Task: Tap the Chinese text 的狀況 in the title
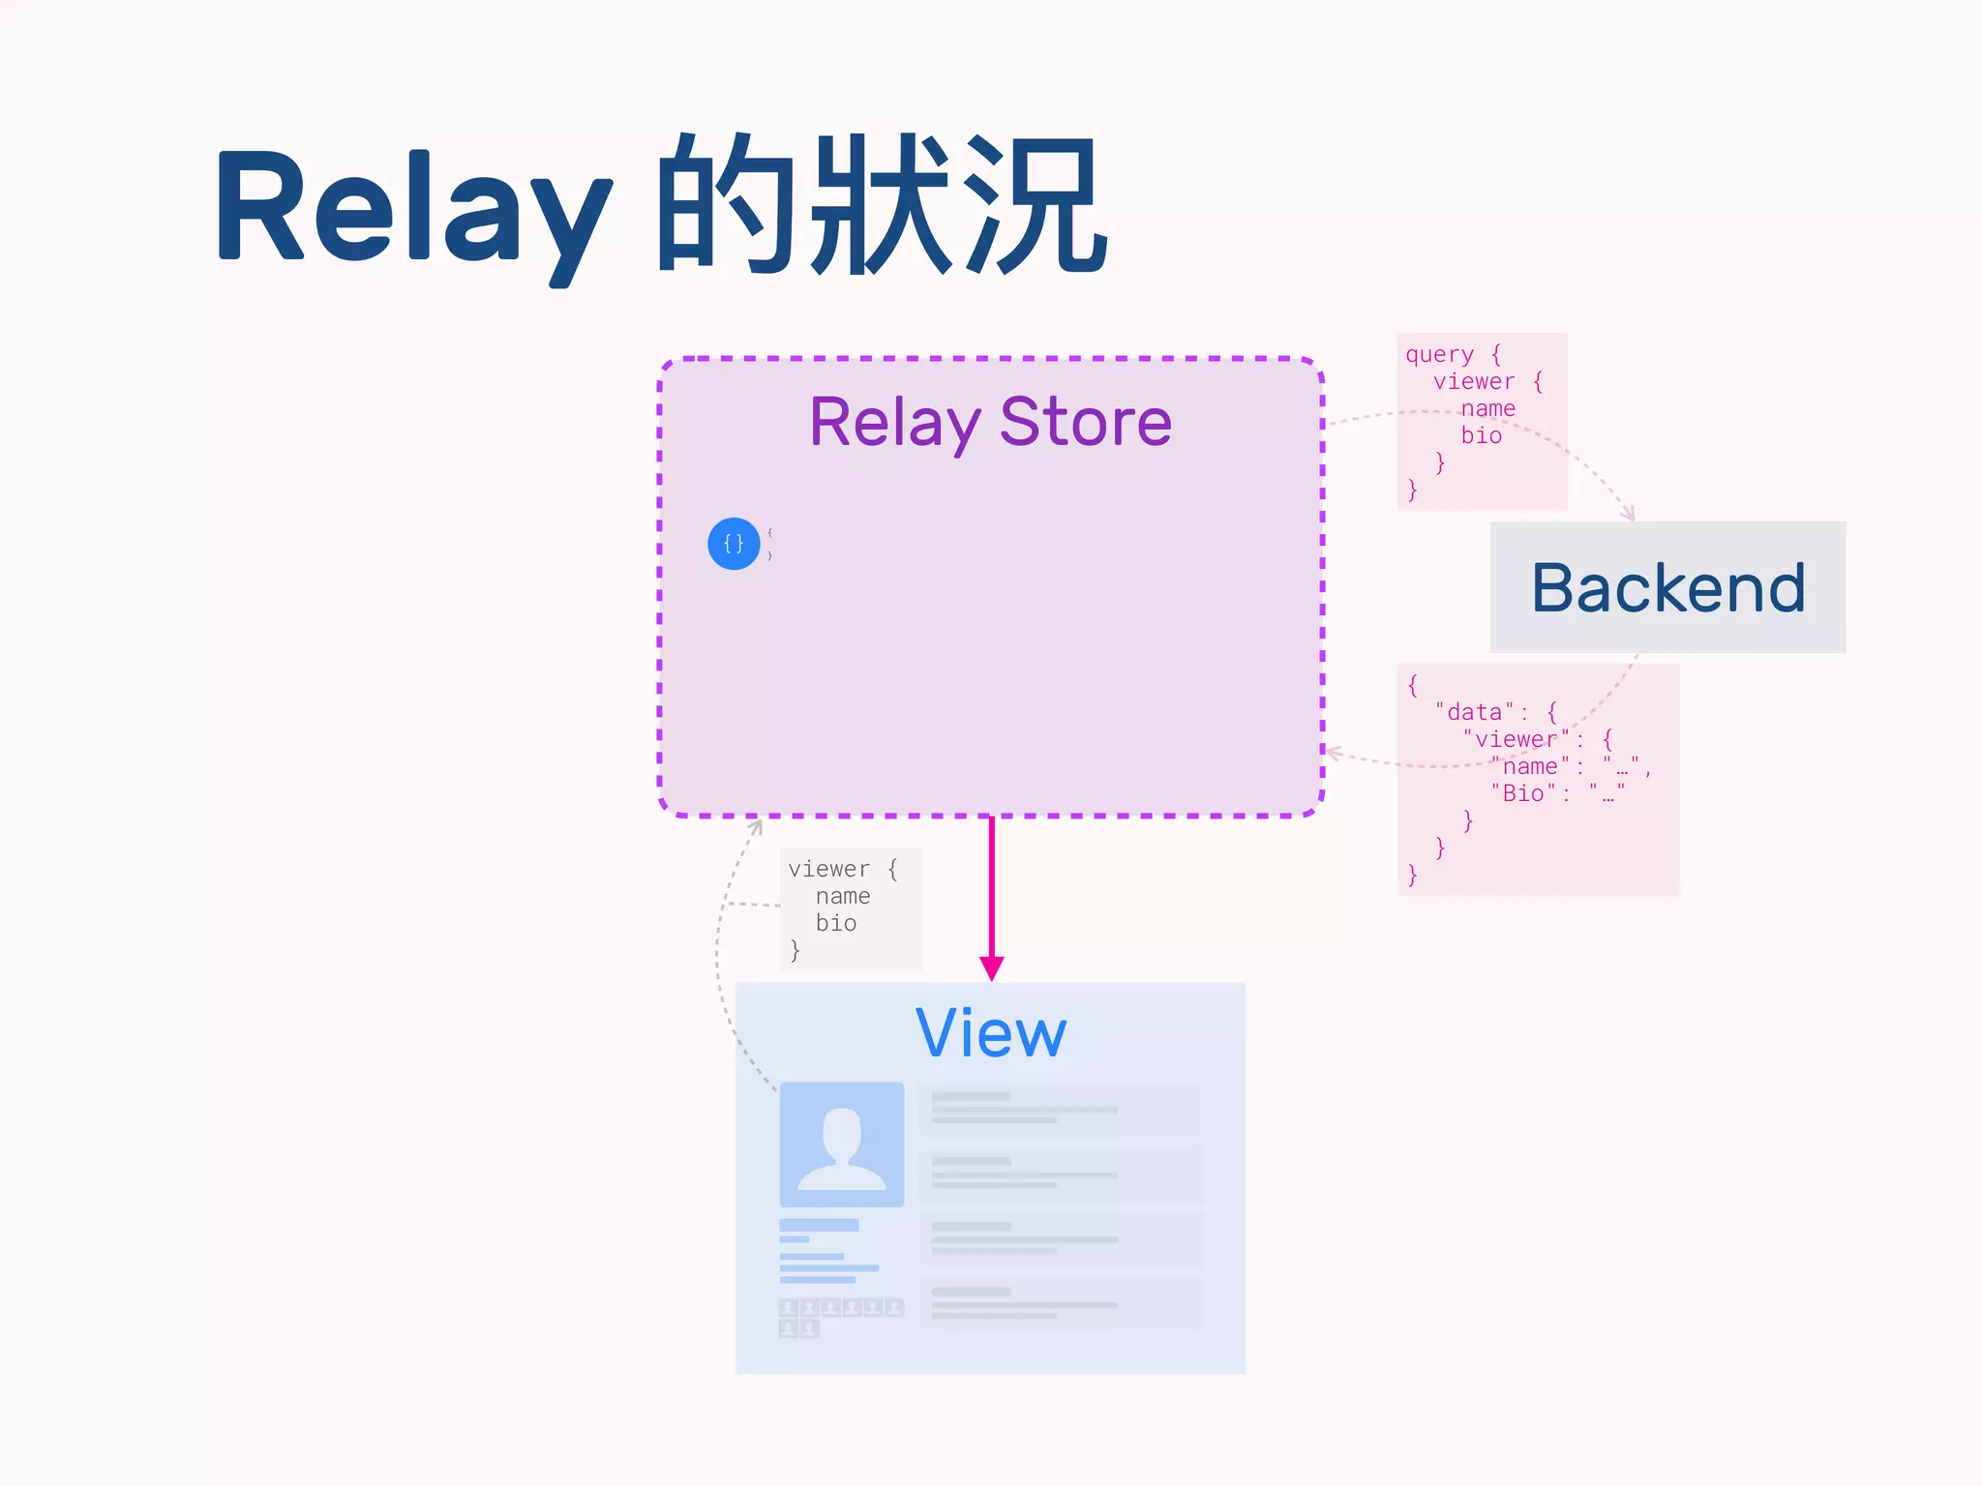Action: (x=881, y=204)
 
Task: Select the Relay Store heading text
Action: (x=990, y=423)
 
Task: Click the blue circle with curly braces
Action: (x=734, y=544)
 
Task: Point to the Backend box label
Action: (x=1667, y=588)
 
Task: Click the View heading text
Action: (x=990, y=1033)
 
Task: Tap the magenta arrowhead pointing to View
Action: (x=991, y=968)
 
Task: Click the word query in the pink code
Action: (x=1439, y=355)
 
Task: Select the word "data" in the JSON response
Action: (x=1474, y=712)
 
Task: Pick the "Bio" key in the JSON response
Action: (x=1522, y=793)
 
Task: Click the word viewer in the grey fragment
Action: (x=829, y=869)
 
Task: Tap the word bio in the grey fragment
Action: (x=836, y=923)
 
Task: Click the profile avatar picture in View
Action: (x=842, y=1144)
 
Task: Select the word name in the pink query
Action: (x=1488, y=408)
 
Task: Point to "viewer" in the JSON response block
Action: (x=1517, y=739)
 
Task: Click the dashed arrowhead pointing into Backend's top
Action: (x=1630, y=513)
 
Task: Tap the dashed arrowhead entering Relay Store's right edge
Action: (x=1333, y=752)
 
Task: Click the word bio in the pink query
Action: (x=1482, y=435)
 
